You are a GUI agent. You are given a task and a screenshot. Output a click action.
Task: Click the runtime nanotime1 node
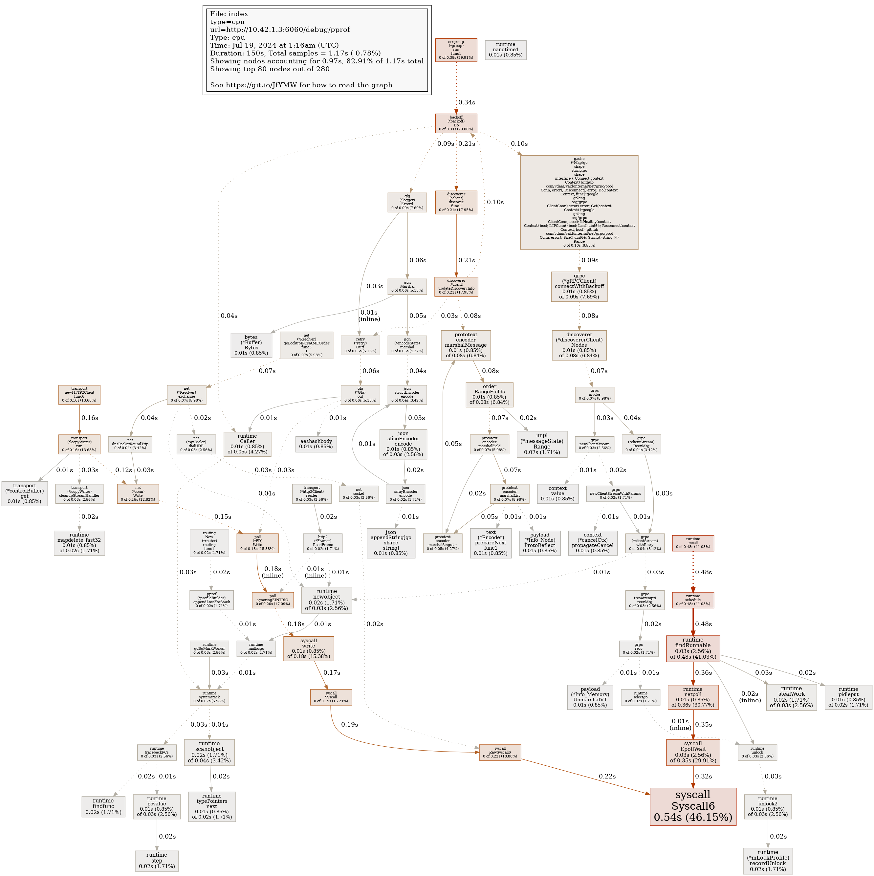coord(505,50)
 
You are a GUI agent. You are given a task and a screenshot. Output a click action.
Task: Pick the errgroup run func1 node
coord(456,50)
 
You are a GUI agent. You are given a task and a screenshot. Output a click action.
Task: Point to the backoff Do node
coord(456,123)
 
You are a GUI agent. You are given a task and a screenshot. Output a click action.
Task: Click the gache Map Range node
coord(579,202)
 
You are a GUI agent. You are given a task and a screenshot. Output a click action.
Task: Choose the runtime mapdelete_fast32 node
coord(79,543)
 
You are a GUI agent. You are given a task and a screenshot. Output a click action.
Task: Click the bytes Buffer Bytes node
coord(251,345)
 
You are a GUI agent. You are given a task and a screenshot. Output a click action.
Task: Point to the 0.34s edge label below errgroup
coord(467,102)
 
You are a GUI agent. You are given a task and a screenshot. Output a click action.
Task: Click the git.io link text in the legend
coord(301,85)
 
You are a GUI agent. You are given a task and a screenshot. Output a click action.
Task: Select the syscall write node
coord(308,648)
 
